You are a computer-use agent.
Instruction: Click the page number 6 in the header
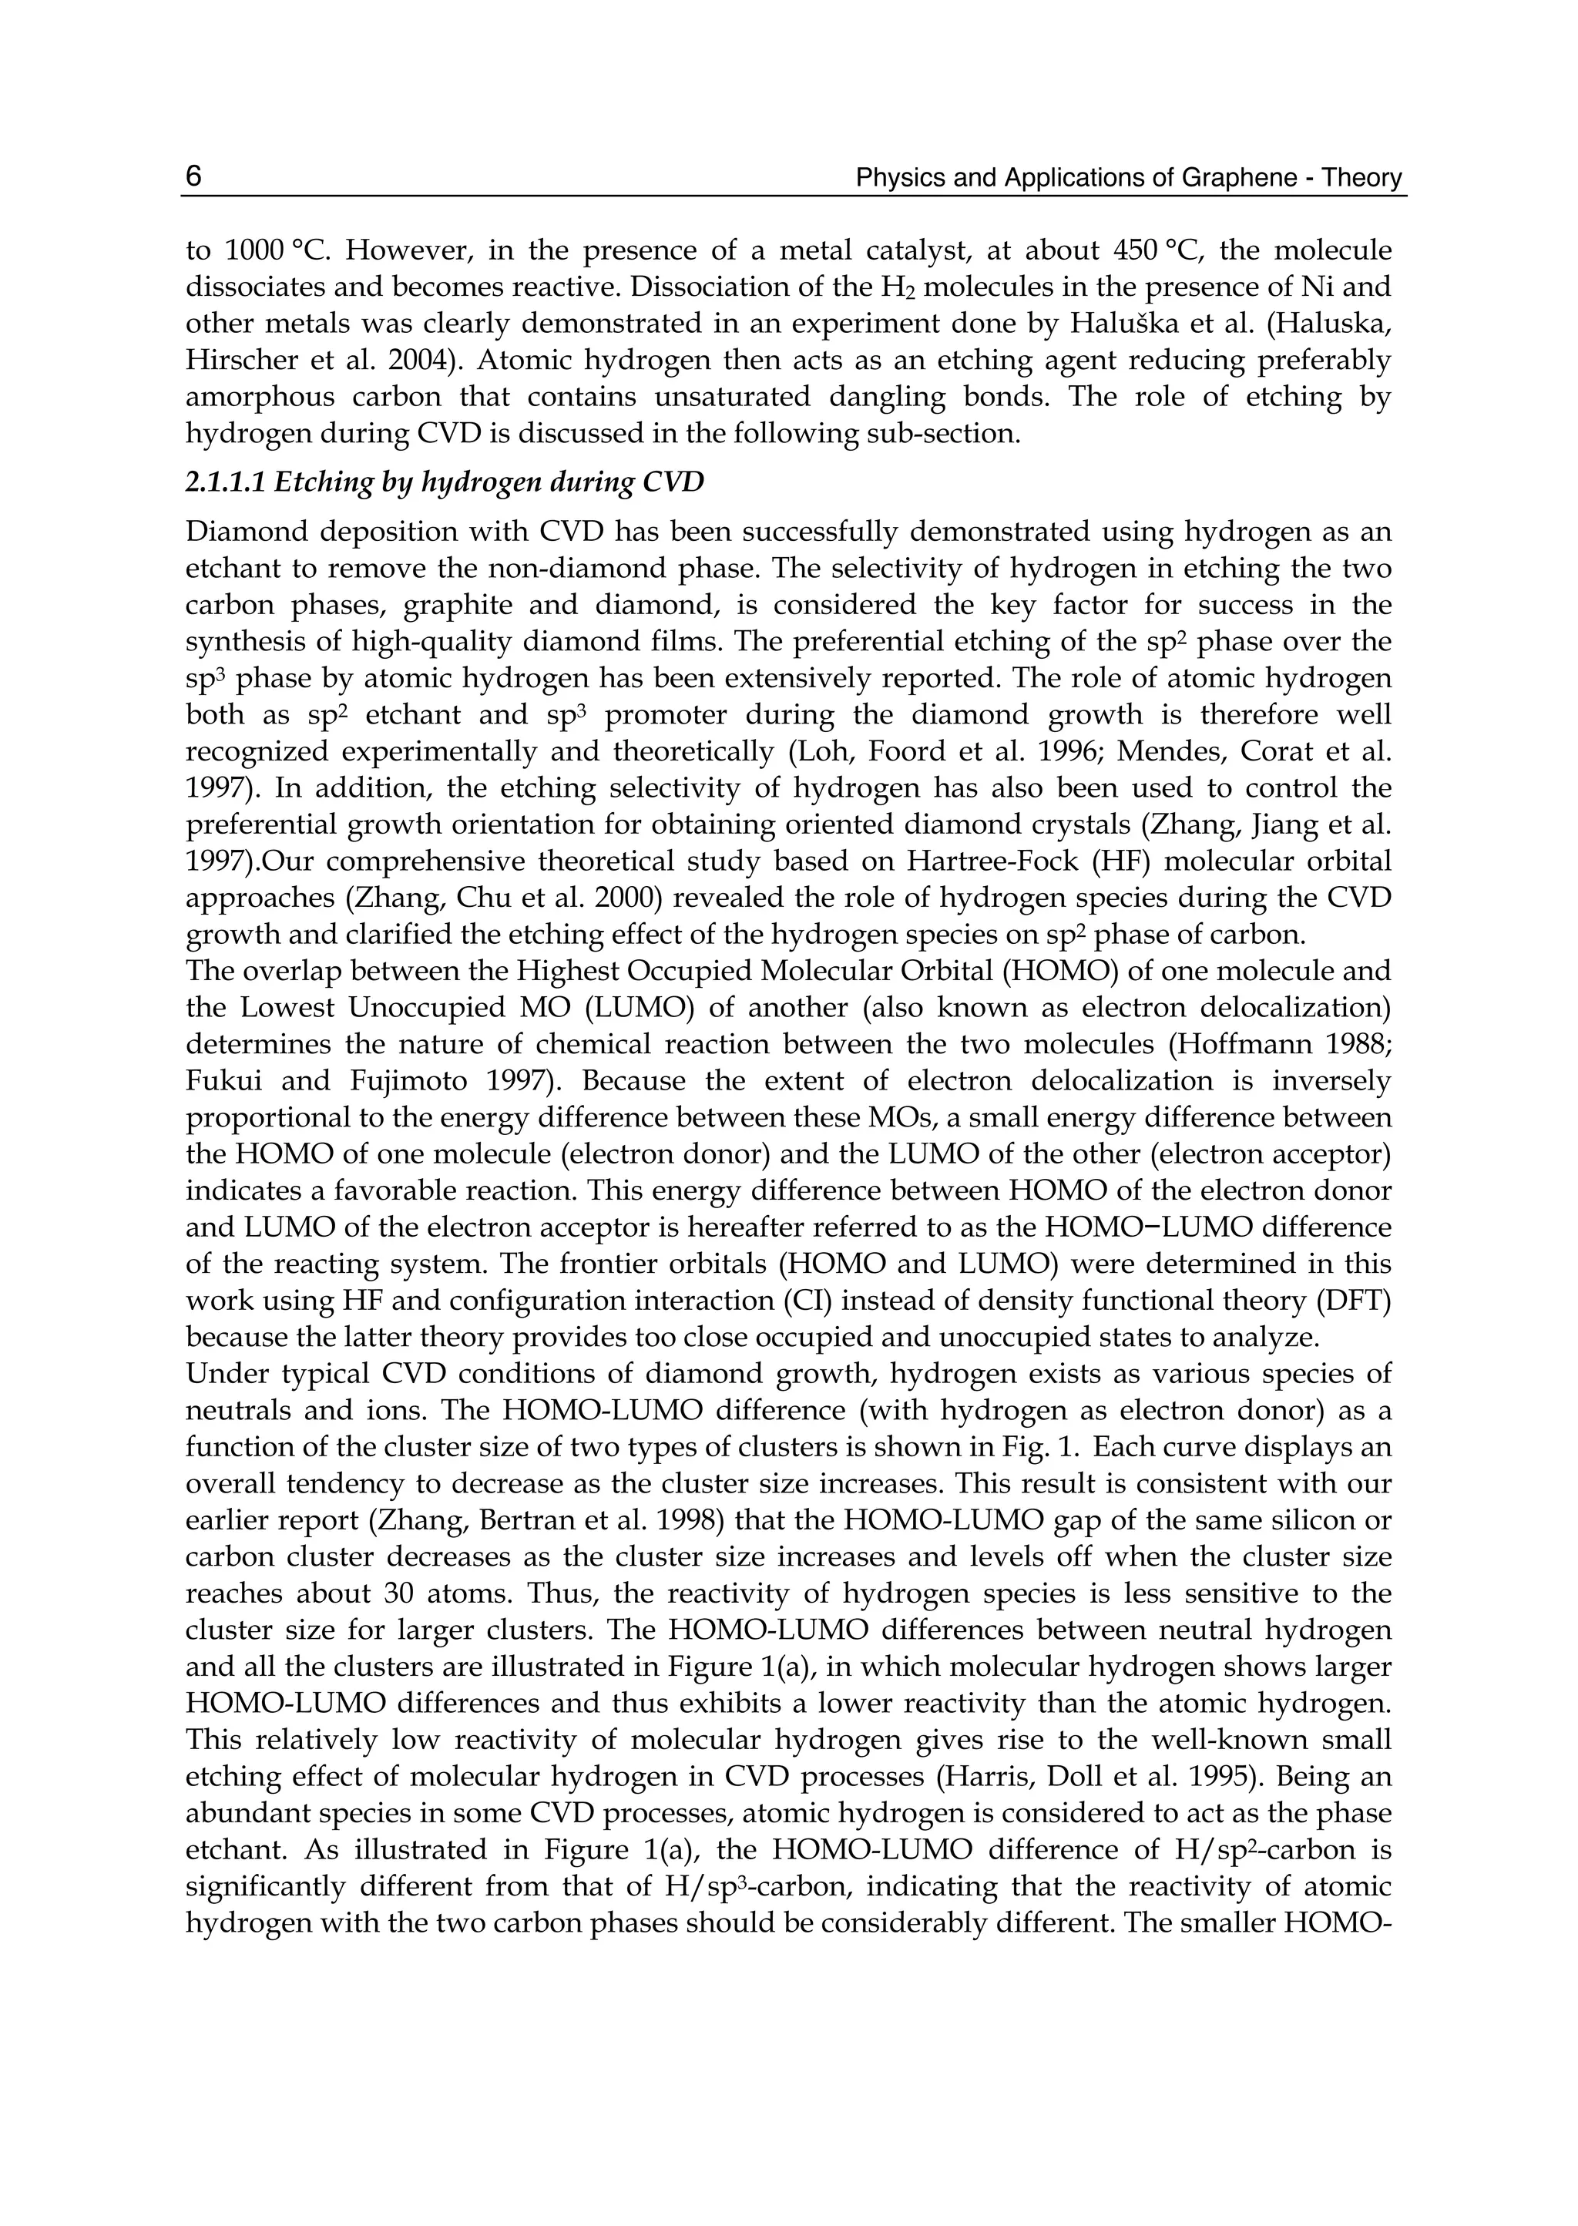pos(193,177)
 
